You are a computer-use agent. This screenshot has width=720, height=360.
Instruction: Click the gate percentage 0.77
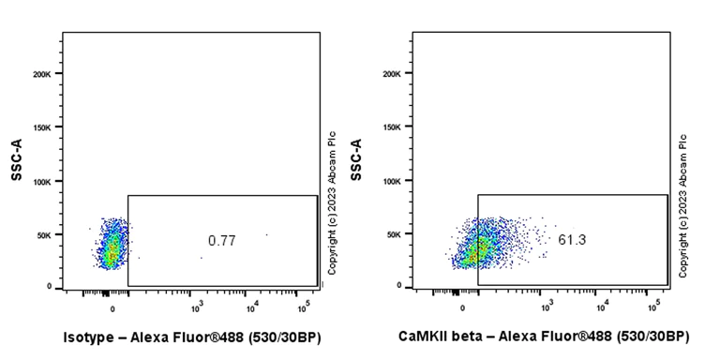(221, 241)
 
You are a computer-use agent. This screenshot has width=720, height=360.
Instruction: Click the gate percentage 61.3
(571, 241)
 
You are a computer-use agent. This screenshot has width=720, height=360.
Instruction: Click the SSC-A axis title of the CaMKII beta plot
(356, 159)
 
